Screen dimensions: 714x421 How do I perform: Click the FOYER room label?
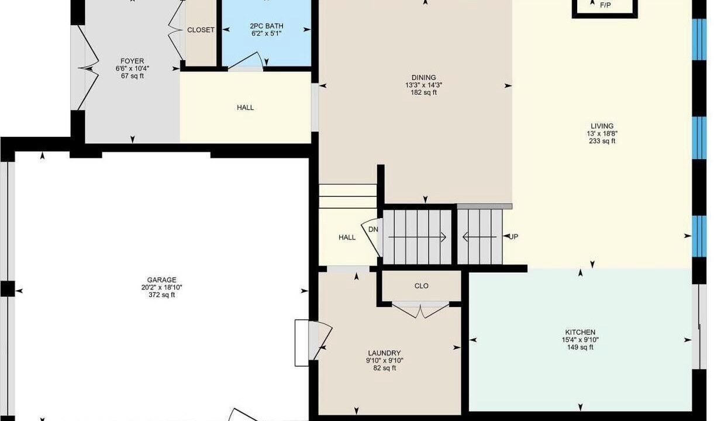coord(132,61)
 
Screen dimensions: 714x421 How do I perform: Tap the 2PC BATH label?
coord(267,26)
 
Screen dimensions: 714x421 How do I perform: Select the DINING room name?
coord(423,77)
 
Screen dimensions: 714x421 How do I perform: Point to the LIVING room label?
coord(602,126)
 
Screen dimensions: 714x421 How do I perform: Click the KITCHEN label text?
coord(580,332)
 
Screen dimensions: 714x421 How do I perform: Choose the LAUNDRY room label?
coord(384,353)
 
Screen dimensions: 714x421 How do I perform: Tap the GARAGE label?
coord(161,280)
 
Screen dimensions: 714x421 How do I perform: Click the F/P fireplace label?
coord(605,5)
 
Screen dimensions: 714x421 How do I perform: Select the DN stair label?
coord(373,229)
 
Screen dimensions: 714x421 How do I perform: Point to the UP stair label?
coord(513,237)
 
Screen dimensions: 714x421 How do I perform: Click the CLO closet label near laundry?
coord(422,286)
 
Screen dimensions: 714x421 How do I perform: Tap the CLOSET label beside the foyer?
coord(201,30)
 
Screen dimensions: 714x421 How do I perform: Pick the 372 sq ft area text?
coord(161,295)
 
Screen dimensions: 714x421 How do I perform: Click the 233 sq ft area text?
coord(602,141)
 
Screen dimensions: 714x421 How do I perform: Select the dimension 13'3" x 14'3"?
coord(423,85)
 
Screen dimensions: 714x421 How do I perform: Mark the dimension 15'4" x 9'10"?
coord(580,340)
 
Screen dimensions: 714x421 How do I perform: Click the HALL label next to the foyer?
coord(246,108)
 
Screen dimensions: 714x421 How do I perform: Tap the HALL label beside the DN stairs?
coord(347,237)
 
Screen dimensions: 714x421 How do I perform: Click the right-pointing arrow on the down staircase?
coord(417,237)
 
